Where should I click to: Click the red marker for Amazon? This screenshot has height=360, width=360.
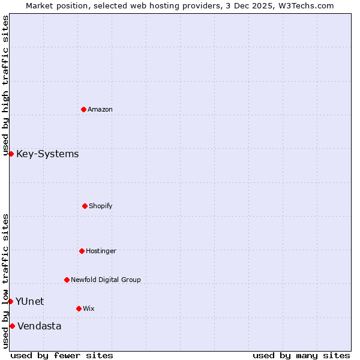[x=83, y=109]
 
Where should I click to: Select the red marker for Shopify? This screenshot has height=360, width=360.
[x=85, y=206]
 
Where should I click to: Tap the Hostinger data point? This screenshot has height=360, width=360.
[x=82, y=251]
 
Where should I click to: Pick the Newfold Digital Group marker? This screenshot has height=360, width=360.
[x=67, y=280]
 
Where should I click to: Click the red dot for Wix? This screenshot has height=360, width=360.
[x=79, y=308]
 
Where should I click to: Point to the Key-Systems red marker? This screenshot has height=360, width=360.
[x=11, y=154]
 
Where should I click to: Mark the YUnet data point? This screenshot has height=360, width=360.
[x=10, y=301]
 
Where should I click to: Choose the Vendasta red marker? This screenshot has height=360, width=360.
[x=12, y=326]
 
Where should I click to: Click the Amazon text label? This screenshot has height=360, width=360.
[x=100, y=109]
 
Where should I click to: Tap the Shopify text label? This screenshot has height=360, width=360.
[x=101, y=206]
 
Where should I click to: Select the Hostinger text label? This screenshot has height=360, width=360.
[x=101, y=251]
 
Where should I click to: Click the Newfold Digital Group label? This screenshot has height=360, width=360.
[x=106, y=280]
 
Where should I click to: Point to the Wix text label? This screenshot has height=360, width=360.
[x=89, y=308]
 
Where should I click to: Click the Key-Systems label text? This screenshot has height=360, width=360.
[x=47, y=154]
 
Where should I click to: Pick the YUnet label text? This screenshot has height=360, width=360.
[x=29, y=301]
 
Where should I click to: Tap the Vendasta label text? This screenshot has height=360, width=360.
[x=39, y=326]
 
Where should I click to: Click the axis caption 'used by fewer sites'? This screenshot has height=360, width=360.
[x=62, y=355]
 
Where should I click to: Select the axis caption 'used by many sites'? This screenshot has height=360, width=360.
[x=301, y=355]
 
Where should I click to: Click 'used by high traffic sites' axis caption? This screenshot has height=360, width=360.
[x=5, y=85]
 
